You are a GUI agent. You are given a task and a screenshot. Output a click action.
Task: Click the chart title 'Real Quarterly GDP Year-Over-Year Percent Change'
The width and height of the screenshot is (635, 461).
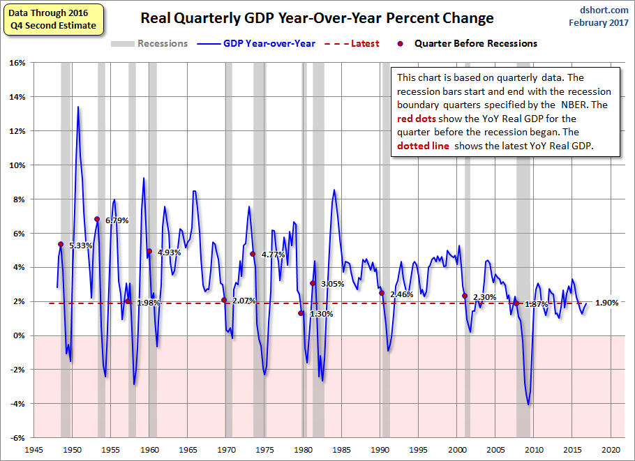[317, 18]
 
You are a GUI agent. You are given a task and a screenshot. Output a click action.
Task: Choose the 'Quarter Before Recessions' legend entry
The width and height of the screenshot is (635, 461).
[475, 43]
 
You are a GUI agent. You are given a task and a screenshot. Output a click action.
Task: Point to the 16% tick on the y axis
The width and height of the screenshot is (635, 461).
[16, 63]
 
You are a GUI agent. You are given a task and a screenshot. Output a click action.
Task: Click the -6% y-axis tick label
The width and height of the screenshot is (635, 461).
[16, 438]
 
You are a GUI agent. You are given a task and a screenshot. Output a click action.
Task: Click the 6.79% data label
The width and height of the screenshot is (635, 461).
[118, 220]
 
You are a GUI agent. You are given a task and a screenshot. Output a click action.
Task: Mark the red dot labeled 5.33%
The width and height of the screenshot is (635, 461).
[61, 244]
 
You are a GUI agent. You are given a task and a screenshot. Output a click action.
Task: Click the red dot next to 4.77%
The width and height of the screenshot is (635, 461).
[253, 254]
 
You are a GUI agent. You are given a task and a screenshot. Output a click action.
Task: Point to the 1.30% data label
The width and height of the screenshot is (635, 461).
[321, 314]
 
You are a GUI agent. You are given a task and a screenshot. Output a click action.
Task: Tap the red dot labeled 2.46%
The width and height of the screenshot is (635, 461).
[382, 293]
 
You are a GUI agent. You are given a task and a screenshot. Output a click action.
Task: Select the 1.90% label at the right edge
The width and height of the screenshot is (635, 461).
[607, 303]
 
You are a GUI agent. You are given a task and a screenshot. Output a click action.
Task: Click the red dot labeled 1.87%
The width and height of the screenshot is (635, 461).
[517, 303]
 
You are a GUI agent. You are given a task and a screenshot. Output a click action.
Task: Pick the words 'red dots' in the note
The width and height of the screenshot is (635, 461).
[417, 118]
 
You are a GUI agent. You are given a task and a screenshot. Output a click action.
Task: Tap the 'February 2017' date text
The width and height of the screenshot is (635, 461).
[599, 23]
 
